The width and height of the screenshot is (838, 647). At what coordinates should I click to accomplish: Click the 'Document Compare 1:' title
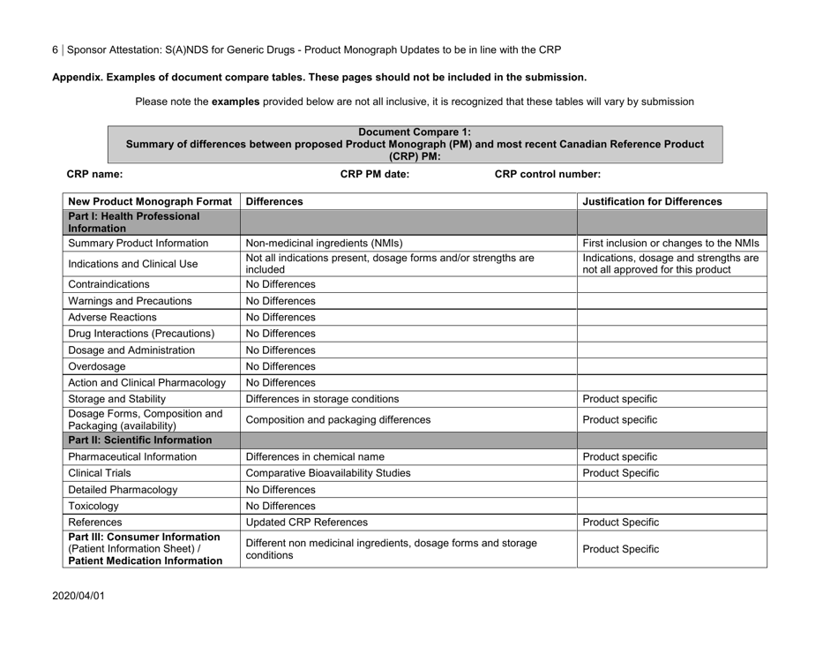pyautogui.click(x=415, y=132)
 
